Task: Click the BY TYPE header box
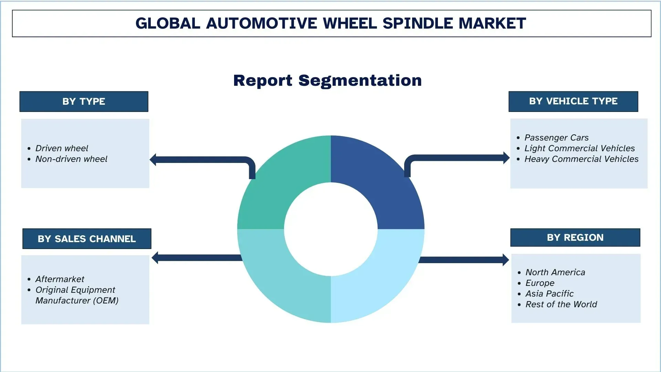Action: click(84, 102)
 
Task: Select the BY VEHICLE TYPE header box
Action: click(573, 101)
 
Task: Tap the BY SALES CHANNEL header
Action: click(87, 239)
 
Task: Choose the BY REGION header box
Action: click(575, 238)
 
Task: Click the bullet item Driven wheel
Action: click(62, 148)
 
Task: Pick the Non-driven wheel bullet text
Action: click(71, 159)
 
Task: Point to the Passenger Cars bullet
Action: click(556, 138)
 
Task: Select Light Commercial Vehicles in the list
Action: click(579, 148)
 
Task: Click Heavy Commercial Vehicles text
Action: click(581, 159)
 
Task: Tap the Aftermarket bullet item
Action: click(60, 279)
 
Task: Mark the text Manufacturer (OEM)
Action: click(77, 301)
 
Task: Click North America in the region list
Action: click(555, 272)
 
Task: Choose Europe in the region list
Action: click(540, 283)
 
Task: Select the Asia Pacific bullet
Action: click(549, 294)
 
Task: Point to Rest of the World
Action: click(561, 304)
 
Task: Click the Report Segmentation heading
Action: click(327, 81)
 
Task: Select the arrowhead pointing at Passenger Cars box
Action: click(506, 158)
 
